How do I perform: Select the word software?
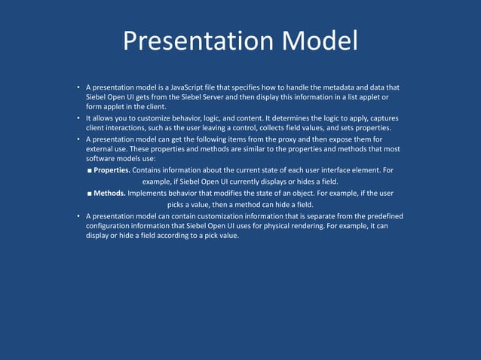click(102, 159)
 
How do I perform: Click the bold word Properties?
click(112, 169)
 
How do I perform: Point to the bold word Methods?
click(109, 193)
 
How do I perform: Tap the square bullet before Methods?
click(89, 194)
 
